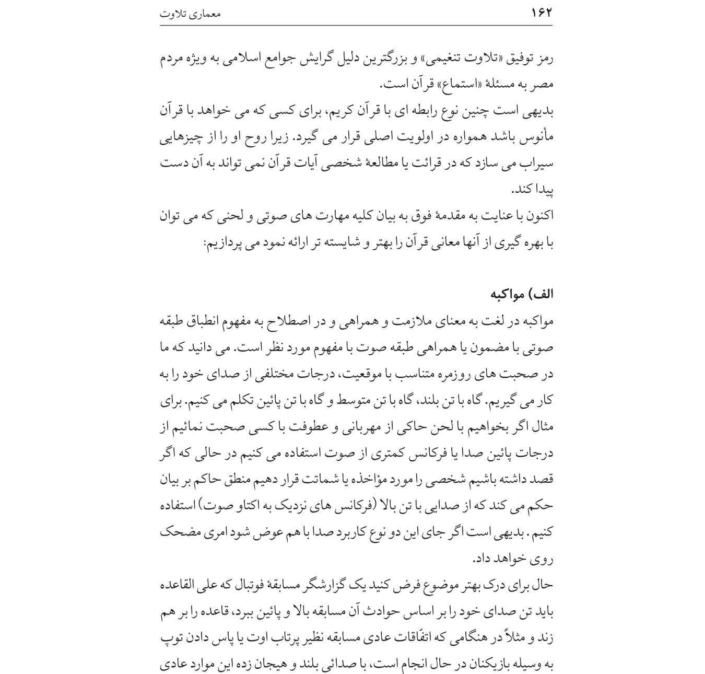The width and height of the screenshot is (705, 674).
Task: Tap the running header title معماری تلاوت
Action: (x=190, y=14)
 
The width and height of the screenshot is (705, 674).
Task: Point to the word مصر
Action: (x=543, y=85)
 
